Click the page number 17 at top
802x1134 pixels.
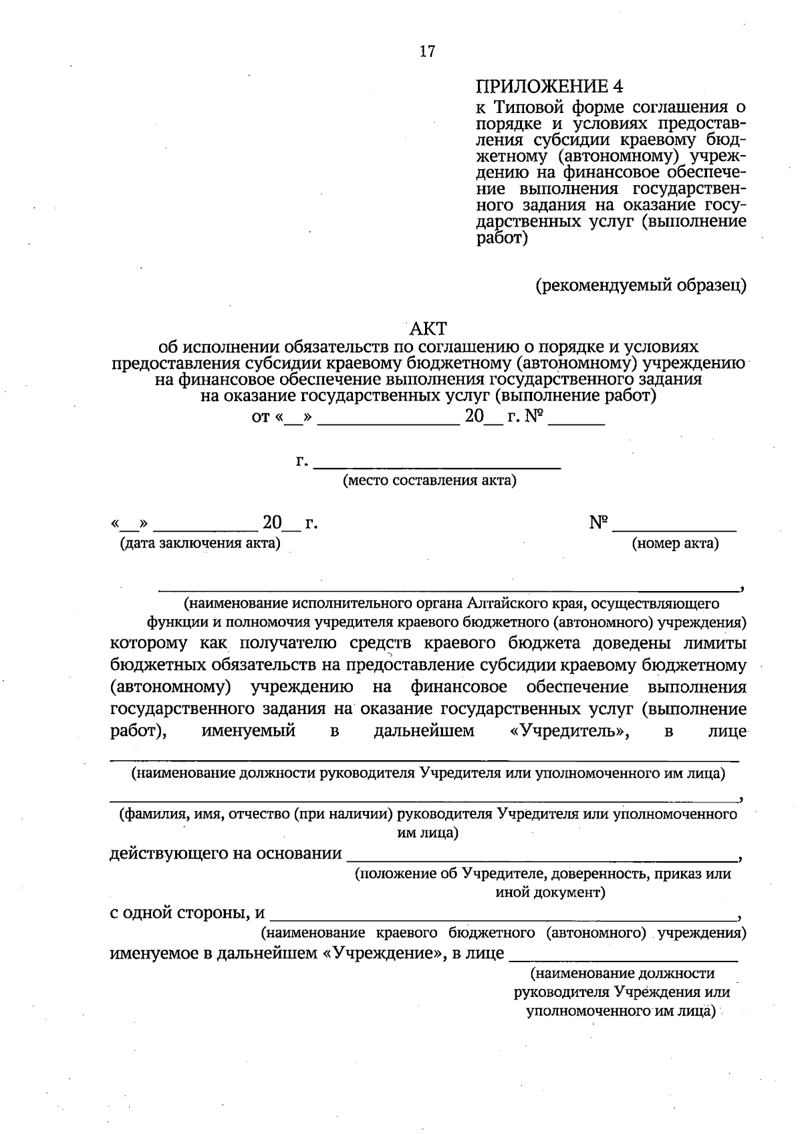pyautogui.click(x=427, y=51)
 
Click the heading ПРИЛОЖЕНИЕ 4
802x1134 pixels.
pyautogui.click(x=549, y=86)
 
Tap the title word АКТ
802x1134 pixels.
pyautogui.click(x=428, y=328)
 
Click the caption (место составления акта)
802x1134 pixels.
pyautogui.click(x=429, y=481)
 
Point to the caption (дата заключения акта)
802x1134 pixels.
pyautogui.click(x=199, y=543)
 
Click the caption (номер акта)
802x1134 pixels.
pyautogui.click(x=675, y=544)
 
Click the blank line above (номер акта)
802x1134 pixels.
pyautogui.click(x=675, y=530)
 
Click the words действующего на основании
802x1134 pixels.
pyautogui.click(x=225, y=854)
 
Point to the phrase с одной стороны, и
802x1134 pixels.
pyautogui.click(x=187, y=913)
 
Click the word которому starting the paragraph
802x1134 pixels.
pyautogui.click(x=148, y=644)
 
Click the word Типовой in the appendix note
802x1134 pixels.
pyautogui.click(x=527, y=107)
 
